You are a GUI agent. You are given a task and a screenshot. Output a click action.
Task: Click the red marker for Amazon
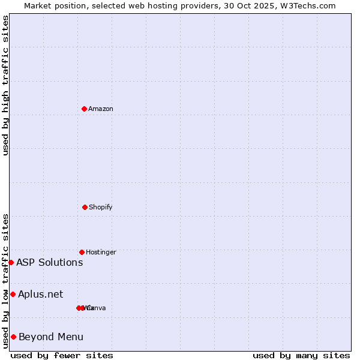(x=84, y=109)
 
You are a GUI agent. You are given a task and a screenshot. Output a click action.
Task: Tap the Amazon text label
(x=101, y=109)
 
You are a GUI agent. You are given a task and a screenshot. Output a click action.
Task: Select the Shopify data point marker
(x=85, y=207)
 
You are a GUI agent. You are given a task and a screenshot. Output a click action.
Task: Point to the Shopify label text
(x=101, y=207)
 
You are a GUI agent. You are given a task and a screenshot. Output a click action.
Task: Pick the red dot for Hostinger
(x=82, y=252)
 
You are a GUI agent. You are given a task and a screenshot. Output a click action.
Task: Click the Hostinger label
(x=101, y=252)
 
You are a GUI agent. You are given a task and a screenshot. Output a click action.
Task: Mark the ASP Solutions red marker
(x=11, y=262)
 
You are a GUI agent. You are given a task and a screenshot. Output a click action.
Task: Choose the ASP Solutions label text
(x=50, y=262)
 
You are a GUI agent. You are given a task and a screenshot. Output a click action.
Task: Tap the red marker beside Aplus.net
(x=13, y=294)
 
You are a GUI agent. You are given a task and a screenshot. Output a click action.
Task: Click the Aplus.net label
(x=41, y=294)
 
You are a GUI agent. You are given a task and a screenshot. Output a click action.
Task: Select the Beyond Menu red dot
(x=13, y=337)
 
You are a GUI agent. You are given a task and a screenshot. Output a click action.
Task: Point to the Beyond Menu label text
(x=51, y=337)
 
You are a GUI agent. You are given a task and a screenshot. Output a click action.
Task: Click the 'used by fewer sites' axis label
(x=62, y=355)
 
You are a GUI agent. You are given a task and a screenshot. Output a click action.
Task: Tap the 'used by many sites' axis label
(x=301, y=355)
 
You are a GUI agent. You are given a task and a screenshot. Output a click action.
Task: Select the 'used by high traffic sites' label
(x=5, y=85)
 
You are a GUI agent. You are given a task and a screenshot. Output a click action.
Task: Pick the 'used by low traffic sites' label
(x=5, y=281)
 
